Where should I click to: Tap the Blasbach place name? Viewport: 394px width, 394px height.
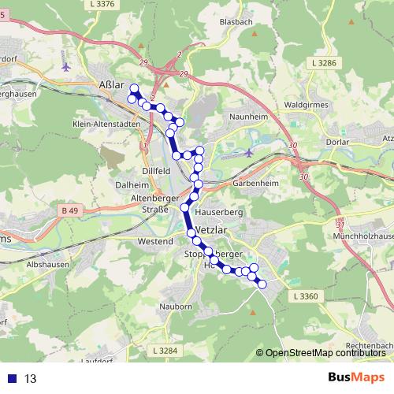point(237,22)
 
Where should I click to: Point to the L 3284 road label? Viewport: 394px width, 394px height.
point(166,350)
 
